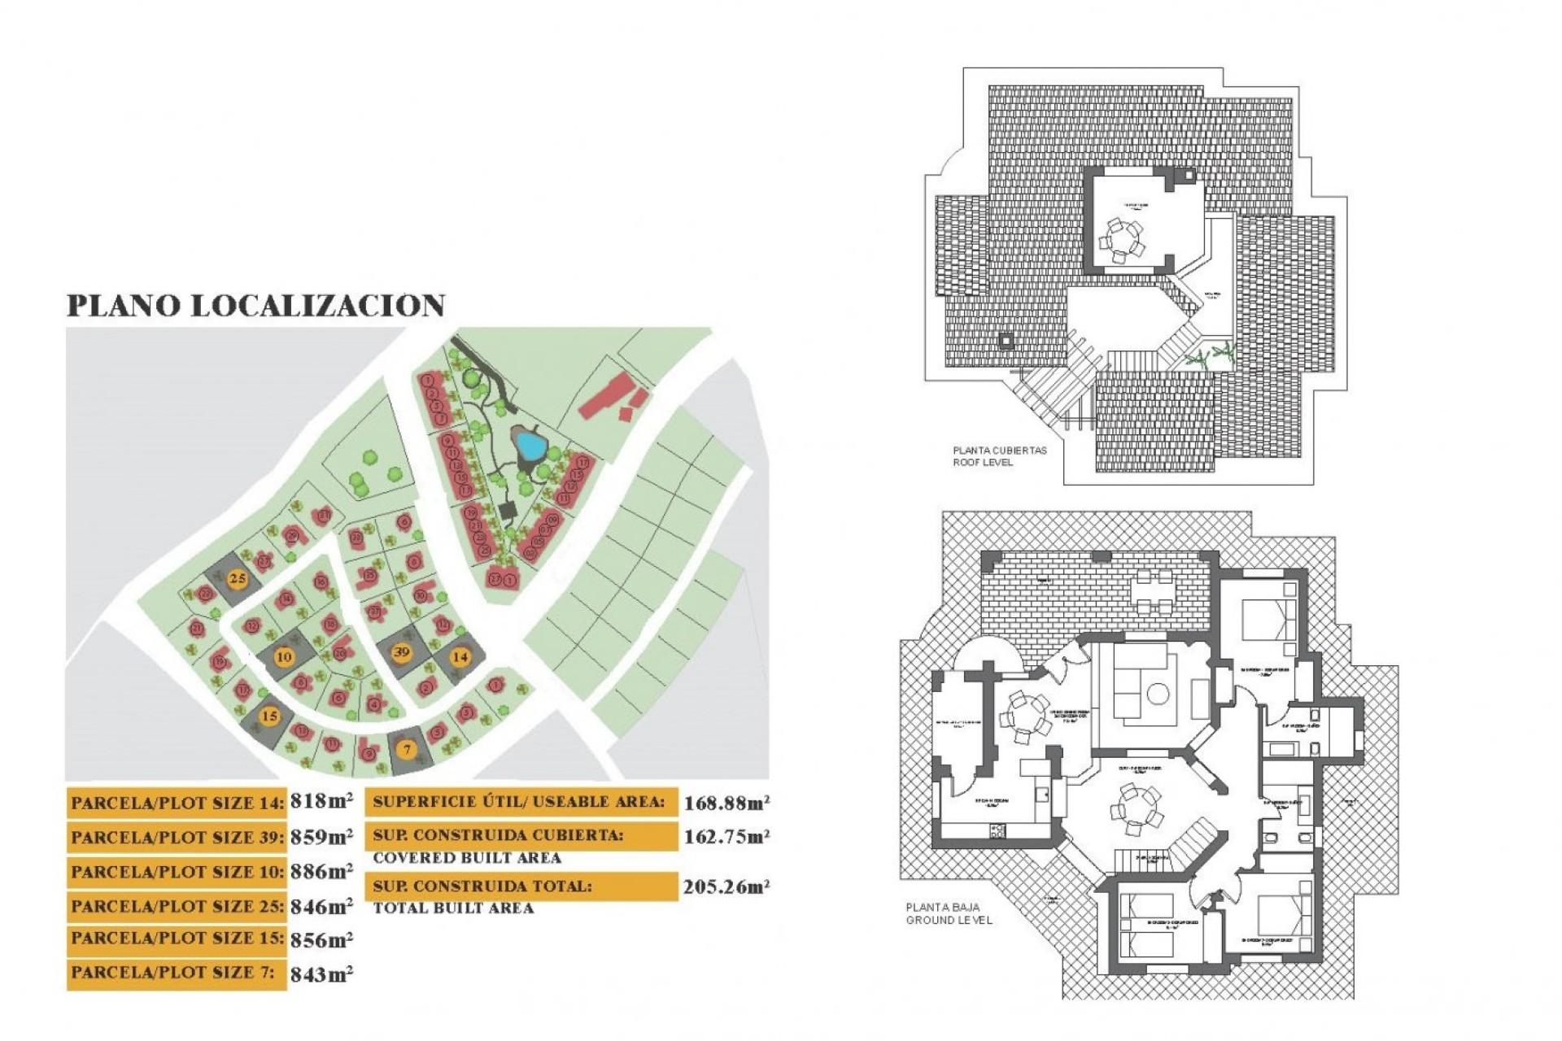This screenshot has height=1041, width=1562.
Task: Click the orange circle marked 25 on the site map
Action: click(x=237, y=579)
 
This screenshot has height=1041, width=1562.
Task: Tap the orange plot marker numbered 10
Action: click(x=284, y=657)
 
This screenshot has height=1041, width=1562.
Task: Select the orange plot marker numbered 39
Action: click(x=401, y=652)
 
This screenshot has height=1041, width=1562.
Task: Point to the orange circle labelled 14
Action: click(x=460, y=656)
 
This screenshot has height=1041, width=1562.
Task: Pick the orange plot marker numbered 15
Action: click(x=269, y=717)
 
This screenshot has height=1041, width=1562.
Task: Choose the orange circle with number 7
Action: click(x=408, y=750)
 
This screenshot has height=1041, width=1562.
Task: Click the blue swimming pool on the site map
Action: click(x=530, y=445)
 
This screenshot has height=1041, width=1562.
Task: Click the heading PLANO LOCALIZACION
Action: click(x=255, y=306)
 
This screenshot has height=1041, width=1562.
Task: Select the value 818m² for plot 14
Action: click(x=321, y=802)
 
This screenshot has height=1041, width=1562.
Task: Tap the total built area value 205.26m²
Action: click(x=726, y=886)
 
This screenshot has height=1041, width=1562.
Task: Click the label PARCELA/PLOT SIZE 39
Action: click(x=177, y=838)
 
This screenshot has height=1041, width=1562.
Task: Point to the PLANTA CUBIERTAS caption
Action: click(x=1000, y=450)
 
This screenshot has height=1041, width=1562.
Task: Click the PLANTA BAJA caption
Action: click(x=942, y=907)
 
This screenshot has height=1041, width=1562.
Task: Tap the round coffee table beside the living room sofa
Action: click(x=1158, y=694)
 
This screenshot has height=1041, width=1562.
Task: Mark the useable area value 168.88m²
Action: click(x=726, y=804)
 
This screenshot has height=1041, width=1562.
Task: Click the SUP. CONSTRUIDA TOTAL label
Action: click(x=482, y=886)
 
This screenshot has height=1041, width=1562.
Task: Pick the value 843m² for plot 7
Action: click(x=321, y=974)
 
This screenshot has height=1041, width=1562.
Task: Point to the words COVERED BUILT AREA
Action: click(x=467, y=858)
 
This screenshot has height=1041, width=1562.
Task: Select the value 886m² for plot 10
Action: click(x=321, y=872)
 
